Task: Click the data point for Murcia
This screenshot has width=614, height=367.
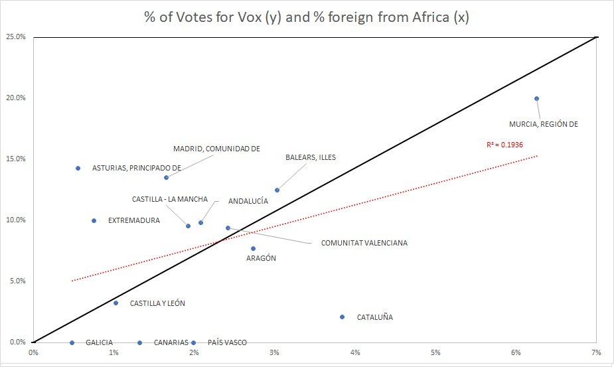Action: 536,98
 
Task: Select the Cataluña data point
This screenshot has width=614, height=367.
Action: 342,317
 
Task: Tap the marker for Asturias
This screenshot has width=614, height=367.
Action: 78,168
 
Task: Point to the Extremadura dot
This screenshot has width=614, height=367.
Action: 94,220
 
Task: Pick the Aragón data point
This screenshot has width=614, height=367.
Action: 253,248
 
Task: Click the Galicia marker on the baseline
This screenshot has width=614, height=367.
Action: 72,342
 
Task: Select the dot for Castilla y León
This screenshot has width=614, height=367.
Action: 115,303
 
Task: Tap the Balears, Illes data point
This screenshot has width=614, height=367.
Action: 277,190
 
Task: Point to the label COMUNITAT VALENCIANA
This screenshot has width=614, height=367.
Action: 364,243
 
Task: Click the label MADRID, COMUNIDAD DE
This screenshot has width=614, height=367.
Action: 216,149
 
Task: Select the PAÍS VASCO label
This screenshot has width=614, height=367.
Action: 227,342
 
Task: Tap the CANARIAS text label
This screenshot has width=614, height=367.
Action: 171,342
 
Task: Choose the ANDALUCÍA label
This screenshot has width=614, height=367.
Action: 248,200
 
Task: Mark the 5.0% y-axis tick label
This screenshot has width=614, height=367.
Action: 16,281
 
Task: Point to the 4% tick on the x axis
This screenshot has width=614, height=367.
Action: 355,352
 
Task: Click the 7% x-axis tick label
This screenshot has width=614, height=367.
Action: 597,352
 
